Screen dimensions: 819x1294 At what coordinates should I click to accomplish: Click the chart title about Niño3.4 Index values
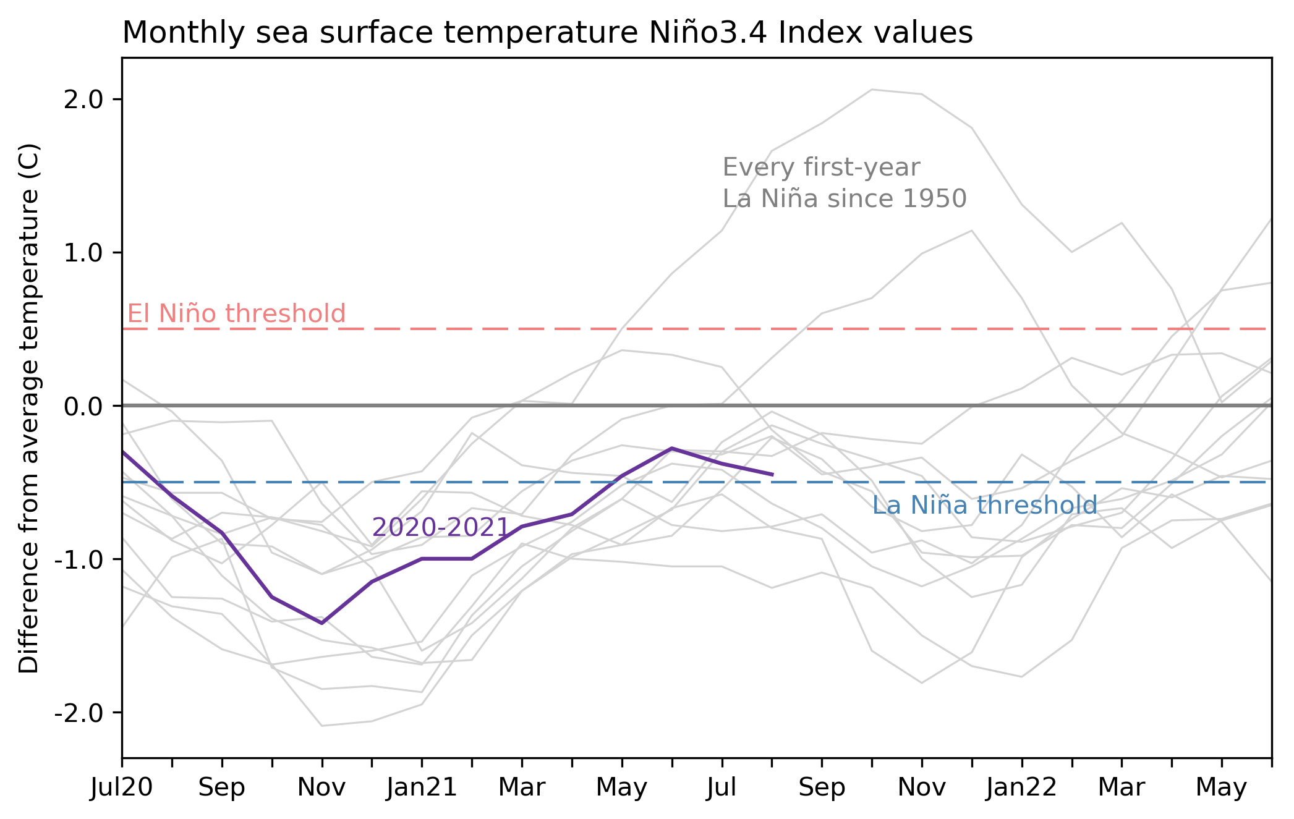pyautogui.click(x=547, y=33)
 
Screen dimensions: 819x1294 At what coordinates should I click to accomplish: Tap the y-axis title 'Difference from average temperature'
pyautogui.click(x=29, y=408)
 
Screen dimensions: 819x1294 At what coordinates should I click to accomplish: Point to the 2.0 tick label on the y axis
pyautogui.click(x=83, y=100)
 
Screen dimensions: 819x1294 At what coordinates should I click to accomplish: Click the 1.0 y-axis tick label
pyautogui.click(x=83, y=253)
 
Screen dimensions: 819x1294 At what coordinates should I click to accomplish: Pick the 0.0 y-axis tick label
pyautogui.click(x=83, y=406)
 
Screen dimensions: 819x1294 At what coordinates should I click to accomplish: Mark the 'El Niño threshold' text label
pyautogui.click(x=236, y=314)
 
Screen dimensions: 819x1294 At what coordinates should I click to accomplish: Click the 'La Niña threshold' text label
pyautogui.click(x=984, y=506)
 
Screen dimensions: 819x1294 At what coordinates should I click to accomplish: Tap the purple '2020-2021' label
pyautogui.click(x=440, y=528)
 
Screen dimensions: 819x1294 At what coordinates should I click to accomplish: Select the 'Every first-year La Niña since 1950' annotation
pyautogui.click(x=844, y=183)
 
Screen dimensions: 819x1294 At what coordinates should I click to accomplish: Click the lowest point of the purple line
pyautogui.click(x=322, y=623)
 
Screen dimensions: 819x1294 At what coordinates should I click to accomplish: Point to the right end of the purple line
pyautogui.click(x=772, y=475)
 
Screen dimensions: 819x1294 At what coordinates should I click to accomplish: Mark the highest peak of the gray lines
pyautogui.click(x=872, y=90)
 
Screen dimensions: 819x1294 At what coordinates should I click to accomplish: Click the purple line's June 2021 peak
pyautogui.click(x=672, y=448)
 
